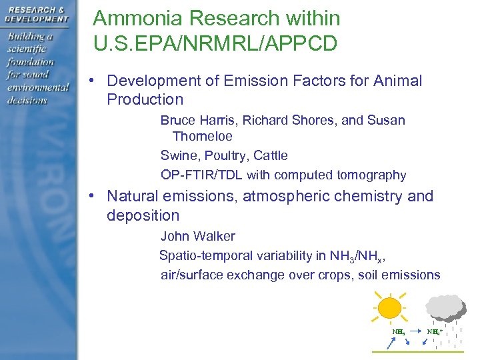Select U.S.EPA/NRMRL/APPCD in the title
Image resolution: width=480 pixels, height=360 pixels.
coord(215,44)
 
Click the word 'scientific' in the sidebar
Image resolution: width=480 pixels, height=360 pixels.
coord(30,49)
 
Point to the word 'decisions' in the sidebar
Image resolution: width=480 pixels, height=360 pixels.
coord(27,100)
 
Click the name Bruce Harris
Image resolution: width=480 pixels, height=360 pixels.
coord(197,120)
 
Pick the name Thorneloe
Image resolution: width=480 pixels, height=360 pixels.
coord(202,136)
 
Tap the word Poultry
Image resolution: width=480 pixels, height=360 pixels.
coord(223,155)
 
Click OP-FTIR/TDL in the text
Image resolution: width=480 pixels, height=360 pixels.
coord(201,175)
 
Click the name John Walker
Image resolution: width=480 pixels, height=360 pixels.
coord(197,236)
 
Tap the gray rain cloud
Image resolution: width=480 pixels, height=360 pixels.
coord(445,306)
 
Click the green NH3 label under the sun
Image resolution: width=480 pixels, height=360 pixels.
coord(398,331)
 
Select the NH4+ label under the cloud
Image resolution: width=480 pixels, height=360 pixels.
coord(435,331)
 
